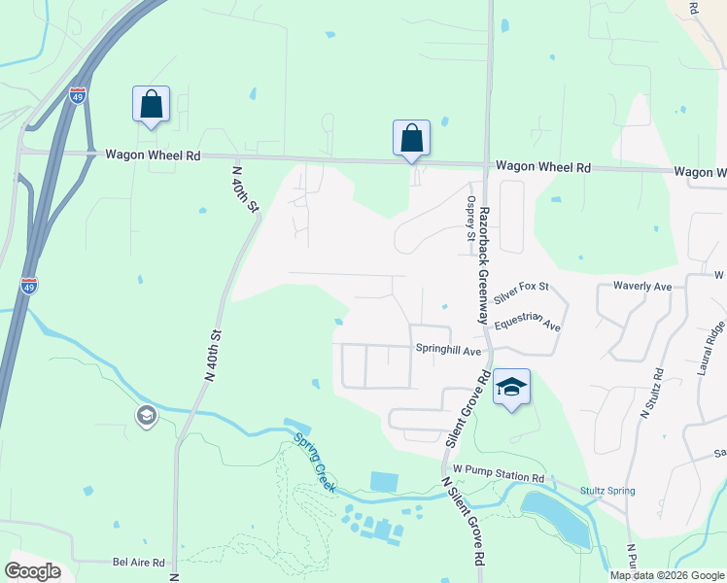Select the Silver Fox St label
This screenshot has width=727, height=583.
pos(522,288)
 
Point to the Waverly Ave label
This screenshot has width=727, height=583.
pos(642,287)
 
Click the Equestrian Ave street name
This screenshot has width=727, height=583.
pos(528,325)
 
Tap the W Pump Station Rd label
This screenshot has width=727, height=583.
pos(498,477)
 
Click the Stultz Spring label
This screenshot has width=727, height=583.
pos(607,491)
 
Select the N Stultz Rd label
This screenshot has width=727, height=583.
pos(650,393)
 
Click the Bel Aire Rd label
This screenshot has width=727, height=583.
pos(140,562)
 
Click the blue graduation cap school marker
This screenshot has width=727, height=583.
pos(511,388)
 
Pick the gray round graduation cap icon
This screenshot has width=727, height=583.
pos(146,417)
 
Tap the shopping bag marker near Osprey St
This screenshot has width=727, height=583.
pos(411,137)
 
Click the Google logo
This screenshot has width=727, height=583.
pos(32,571)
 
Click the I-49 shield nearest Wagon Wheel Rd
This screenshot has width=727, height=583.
pos(78,95)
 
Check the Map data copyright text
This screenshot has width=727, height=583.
pos(666,575)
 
